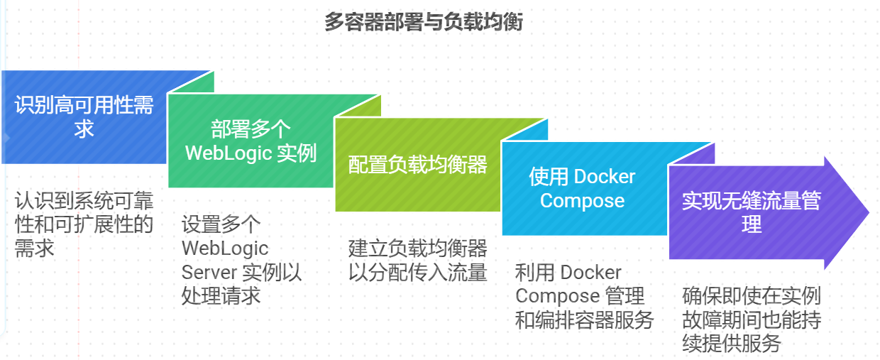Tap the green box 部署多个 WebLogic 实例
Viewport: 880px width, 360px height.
tap(251, 141)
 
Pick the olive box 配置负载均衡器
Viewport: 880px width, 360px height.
tap(417, 165)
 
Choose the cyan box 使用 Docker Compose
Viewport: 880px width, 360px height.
tap(582, 188)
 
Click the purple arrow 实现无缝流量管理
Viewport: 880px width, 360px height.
tap(752, 212)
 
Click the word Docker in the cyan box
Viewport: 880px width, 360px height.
tap(604, 177)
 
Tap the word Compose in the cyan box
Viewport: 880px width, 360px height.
tap(582, 201)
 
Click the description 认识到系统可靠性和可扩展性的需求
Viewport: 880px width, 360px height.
tap(84, 224)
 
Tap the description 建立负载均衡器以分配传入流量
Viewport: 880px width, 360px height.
tap(417, 260)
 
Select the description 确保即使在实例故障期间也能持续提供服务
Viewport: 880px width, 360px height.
tap(751, 320)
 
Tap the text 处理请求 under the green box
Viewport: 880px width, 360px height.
tap(221, 295)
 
